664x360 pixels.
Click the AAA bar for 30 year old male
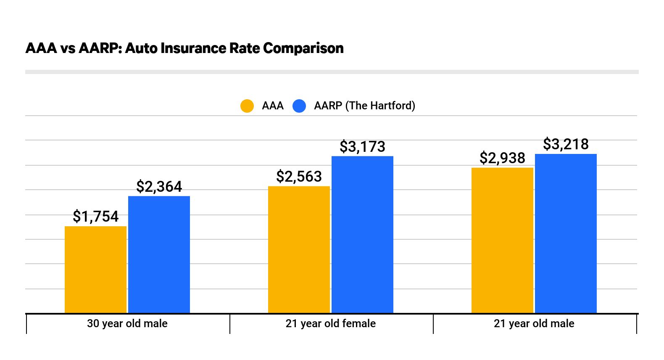(95, 270)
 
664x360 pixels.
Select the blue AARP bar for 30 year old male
(159, 254)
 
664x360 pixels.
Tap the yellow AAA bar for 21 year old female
(299, 249)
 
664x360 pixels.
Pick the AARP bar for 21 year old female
(362, 235)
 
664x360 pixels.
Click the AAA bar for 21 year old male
(502, 240)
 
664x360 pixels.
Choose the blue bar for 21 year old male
(566, 233)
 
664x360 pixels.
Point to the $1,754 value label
(95, 217)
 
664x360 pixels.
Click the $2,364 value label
(159, 187)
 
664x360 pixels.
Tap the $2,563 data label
(299, 177)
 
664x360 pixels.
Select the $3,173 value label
(362, 147)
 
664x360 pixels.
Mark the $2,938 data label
(502, 158)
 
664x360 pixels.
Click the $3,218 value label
(566, 144)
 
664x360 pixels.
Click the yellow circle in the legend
(247, 106)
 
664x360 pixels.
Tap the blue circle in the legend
(299, 106)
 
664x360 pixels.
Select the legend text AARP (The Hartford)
(364, 106)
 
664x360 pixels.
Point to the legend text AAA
(272, 106)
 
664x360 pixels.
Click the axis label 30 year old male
(127, 323)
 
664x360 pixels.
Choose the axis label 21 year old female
(330, 323)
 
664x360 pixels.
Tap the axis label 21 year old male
(534, 323)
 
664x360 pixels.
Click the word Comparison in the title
(303, 48)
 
